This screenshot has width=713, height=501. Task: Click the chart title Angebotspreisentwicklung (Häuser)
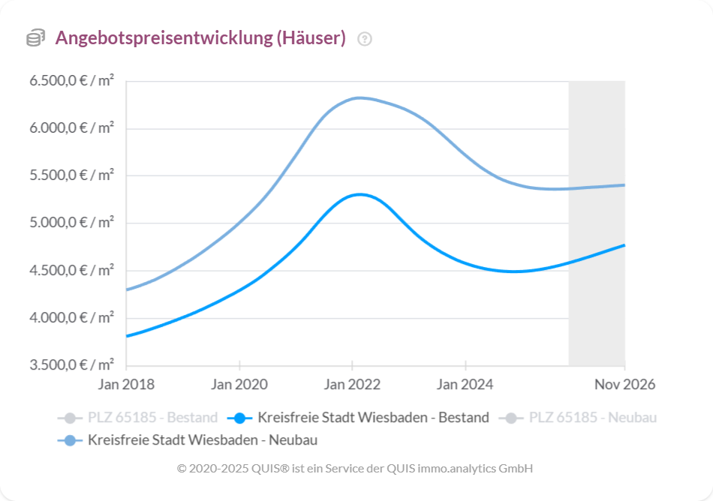point(200,38)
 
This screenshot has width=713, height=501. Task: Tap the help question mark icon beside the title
point(365,39)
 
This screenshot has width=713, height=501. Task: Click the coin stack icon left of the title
point(35,38)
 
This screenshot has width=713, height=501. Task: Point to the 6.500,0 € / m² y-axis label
point(72,81)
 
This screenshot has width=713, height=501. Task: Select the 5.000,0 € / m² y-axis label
point(72,223)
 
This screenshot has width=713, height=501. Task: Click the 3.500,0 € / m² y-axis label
point(72,365)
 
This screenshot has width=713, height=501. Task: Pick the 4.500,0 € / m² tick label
point(72,271)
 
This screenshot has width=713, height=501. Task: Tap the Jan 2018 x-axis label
point(126,385)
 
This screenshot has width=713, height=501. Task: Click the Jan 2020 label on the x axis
point(239,385)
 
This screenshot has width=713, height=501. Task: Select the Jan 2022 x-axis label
point(352,385)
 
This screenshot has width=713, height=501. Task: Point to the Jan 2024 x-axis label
point(465,385)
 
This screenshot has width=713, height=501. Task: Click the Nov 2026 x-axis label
point(624,385)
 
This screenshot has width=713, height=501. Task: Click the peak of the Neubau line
point(360,97)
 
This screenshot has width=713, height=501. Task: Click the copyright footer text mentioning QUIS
point(355,468)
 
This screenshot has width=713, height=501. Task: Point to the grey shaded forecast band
point(597,225)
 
